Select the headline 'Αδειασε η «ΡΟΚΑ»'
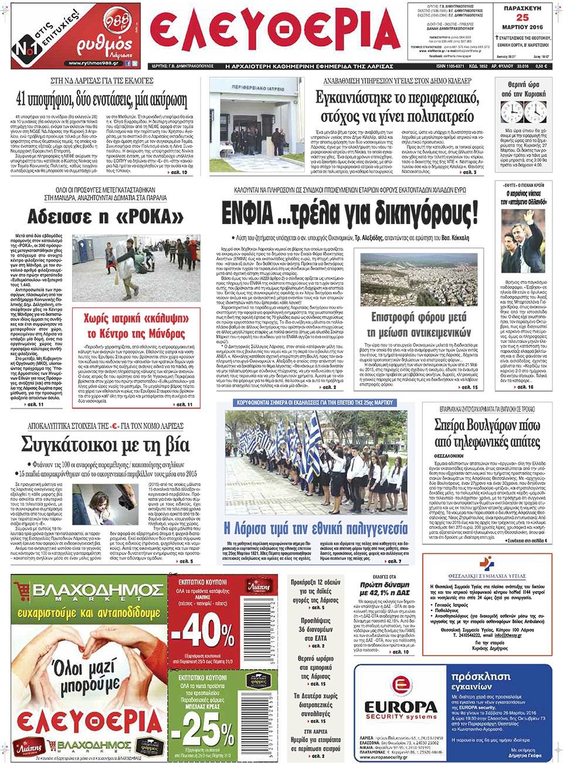click(106, 216)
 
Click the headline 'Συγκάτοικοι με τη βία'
click(106, 445)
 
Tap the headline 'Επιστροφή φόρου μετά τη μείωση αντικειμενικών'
click(418, 325)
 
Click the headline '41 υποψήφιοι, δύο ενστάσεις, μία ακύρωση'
click(101, 99)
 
